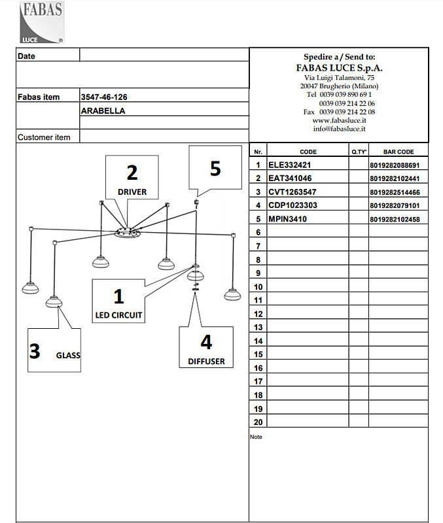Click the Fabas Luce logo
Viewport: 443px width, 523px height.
pyautogui.click(x=42, y=22)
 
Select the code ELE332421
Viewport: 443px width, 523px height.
pyautogui.click(x=289, y=165)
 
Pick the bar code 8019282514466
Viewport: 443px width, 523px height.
pyautogui.click(x=395, y=192)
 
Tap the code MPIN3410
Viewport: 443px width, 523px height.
pyautogui.click(x=287, y=219)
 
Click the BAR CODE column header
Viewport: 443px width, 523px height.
pyautogui.click(x=399, y=152)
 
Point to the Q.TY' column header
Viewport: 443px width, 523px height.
pyautogui.click(x=359, y=152)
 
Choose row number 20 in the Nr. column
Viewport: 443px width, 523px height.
pyautogui.click(x=258, y=422)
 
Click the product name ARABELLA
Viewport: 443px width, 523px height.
pyautogui.click(x=103, y=110)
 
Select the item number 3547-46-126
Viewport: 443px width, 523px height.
pyautogui.click(x=104, y=97)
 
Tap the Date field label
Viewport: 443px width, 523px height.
pyautogui.click(x=26, y=56)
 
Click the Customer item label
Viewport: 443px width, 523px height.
pyautogui.click(x=44, y=137)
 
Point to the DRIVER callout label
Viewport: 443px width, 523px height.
pyautogui.click(x=132, y=192)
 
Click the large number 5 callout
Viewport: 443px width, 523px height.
pyautogui.click(x=215, y=169)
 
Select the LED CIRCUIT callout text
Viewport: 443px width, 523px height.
pyautogui.click(x=118, y=315)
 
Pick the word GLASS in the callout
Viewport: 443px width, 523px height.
pyautogui.click(x=68, y=355)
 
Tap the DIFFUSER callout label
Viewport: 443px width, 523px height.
pyautogui.click(x=206, y=362)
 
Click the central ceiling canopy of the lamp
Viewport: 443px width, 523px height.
pyautogui.click(x=127, y=233)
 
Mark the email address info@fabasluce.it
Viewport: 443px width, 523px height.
pyautogui.click(x=339, y=129)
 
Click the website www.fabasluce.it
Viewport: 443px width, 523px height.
pyautogui.click(x=339, y=120)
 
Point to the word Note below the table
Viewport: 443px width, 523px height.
pyautogui.click(x=256, y=437)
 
